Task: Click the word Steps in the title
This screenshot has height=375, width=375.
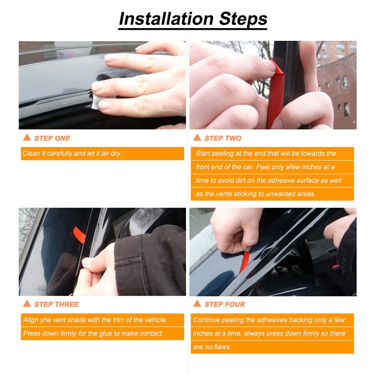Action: coord(241,19)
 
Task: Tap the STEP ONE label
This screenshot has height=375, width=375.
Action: coord(52,138)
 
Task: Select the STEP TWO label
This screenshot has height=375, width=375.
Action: coord(223,138)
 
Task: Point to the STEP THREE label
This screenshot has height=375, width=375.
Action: coord(56,305)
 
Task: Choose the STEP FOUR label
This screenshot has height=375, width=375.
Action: coord(225,305)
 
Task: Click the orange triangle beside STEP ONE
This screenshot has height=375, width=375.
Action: coord(27,138)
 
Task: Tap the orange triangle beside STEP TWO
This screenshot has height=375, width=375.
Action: coord(197,138)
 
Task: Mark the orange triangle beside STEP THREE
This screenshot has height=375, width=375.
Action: coord(27,304)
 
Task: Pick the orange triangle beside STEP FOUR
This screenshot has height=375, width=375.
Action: coord(197,304)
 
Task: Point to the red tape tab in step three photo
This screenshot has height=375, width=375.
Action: coord(80,234)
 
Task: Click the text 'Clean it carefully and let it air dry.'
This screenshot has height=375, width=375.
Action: coord(72,154)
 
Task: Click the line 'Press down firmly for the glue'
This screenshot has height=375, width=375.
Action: coord(93,334)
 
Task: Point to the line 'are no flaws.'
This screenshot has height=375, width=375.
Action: coord(212,347)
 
